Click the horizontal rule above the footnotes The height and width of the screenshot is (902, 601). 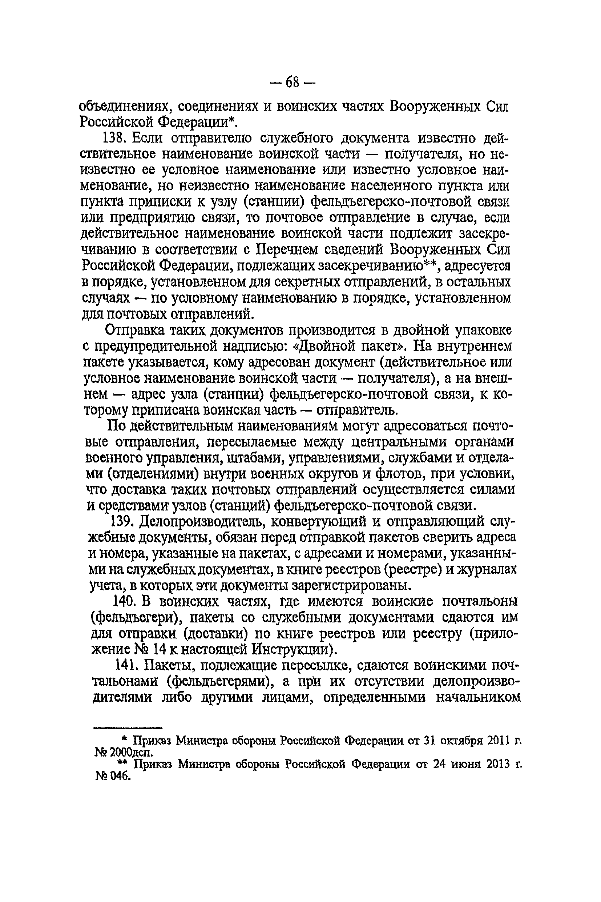[128, 727]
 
